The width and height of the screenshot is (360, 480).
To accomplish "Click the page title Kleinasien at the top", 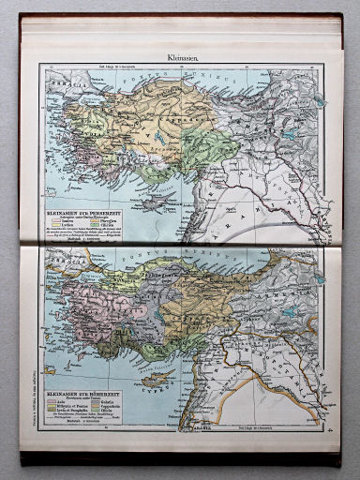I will [x=182, y=56].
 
